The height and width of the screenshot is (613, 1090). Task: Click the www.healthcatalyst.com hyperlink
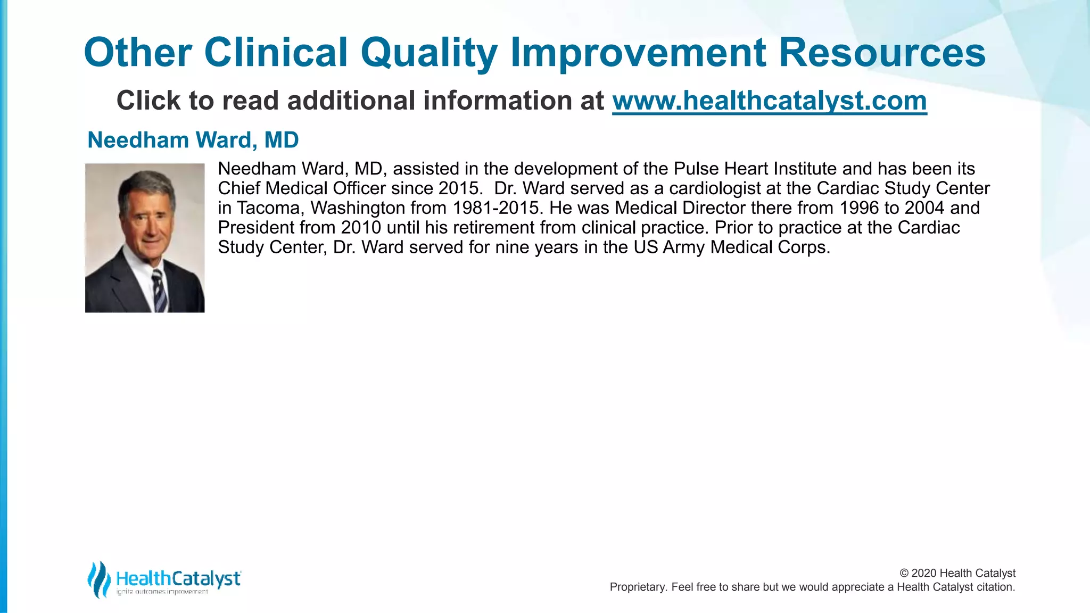point(769,101)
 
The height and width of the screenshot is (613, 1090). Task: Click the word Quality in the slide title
point(428,53)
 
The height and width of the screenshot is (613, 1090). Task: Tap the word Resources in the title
point(882,53)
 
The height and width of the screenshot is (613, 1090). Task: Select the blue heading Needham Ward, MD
point(193,140)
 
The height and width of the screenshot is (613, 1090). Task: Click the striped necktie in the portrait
point(159,290)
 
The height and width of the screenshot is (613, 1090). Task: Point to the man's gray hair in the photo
point(146,184)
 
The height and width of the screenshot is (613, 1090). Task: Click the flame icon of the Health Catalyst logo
point(98,579)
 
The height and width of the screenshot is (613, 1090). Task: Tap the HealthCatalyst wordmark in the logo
point(178,578)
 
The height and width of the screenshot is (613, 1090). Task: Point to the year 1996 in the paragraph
point(859,208)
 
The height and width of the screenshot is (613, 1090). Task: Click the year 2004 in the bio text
point(925,208)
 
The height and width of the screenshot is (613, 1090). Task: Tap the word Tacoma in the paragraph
point(270,208)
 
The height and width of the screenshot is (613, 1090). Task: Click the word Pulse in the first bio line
point(694,169)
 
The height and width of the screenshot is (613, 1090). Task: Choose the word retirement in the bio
point(479,228)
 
